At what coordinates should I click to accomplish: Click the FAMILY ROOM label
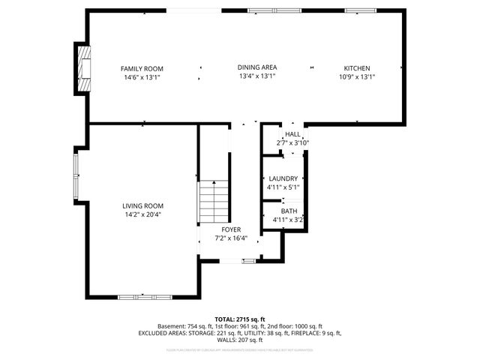[142, 68]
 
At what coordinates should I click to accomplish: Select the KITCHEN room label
[357, 68]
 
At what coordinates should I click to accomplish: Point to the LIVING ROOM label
[142, 205]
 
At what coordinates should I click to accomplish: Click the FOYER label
[230, 229]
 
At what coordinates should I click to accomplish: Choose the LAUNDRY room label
[283, 178]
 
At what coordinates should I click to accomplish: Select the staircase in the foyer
[212, 202]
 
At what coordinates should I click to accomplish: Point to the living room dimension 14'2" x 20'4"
[142, 214]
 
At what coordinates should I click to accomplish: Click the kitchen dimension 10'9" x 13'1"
[357, 76]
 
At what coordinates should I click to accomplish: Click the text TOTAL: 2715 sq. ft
[240, 319]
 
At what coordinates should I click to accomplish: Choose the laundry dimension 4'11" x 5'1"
[283, 187]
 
